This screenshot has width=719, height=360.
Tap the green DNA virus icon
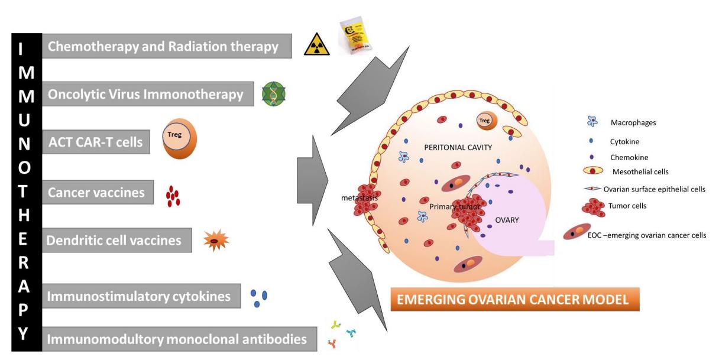tap(274, 93)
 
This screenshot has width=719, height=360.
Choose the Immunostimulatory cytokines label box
tap(141, 296)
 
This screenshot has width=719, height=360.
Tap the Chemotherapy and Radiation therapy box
tap(167, 46)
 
